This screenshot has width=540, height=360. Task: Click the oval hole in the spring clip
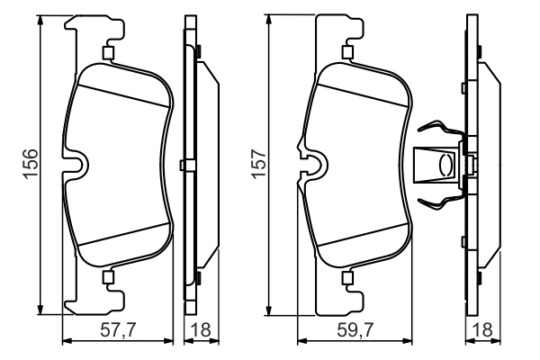pyautogui.click(x=443, y=166)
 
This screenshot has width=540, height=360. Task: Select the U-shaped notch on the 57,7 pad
pyautogui.click(x=76, y=164)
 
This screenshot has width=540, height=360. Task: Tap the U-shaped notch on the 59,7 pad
pyautogui.click(x=312, y=164)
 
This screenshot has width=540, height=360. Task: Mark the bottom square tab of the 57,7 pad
pyautogui.click(x=109, y=276)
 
